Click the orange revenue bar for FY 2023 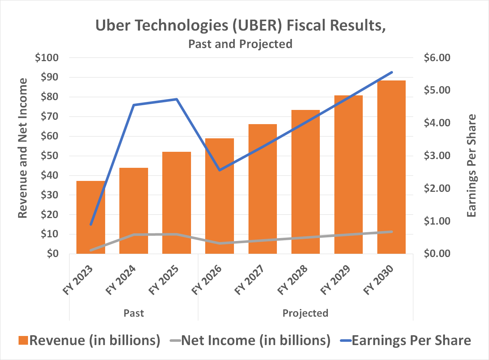point(91,218)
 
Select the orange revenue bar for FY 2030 point(391,167)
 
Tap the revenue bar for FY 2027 point(262,189)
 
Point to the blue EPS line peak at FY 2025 point(176,99)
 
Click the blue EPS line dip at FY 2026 point(219,170)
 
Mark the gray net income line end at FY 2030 point(391,232)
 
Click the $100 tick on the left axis point(47,58)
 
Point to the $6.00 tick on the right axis point(437,58)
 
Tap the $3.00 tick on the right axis point(437,155)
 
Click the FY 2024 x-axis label point(121,280)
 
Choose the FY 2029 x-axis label point(335,280)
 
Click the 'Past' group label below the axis point(134,313)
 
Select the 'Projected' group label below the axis point(305,313)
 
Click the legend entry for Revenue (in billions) point(90,340)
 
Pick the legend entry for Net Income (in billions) point(250,340)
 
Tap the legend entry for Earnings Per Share point(406,340)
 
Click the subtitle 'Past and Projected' point(240,44)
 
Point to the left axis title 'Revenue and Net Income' point(23,148)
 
